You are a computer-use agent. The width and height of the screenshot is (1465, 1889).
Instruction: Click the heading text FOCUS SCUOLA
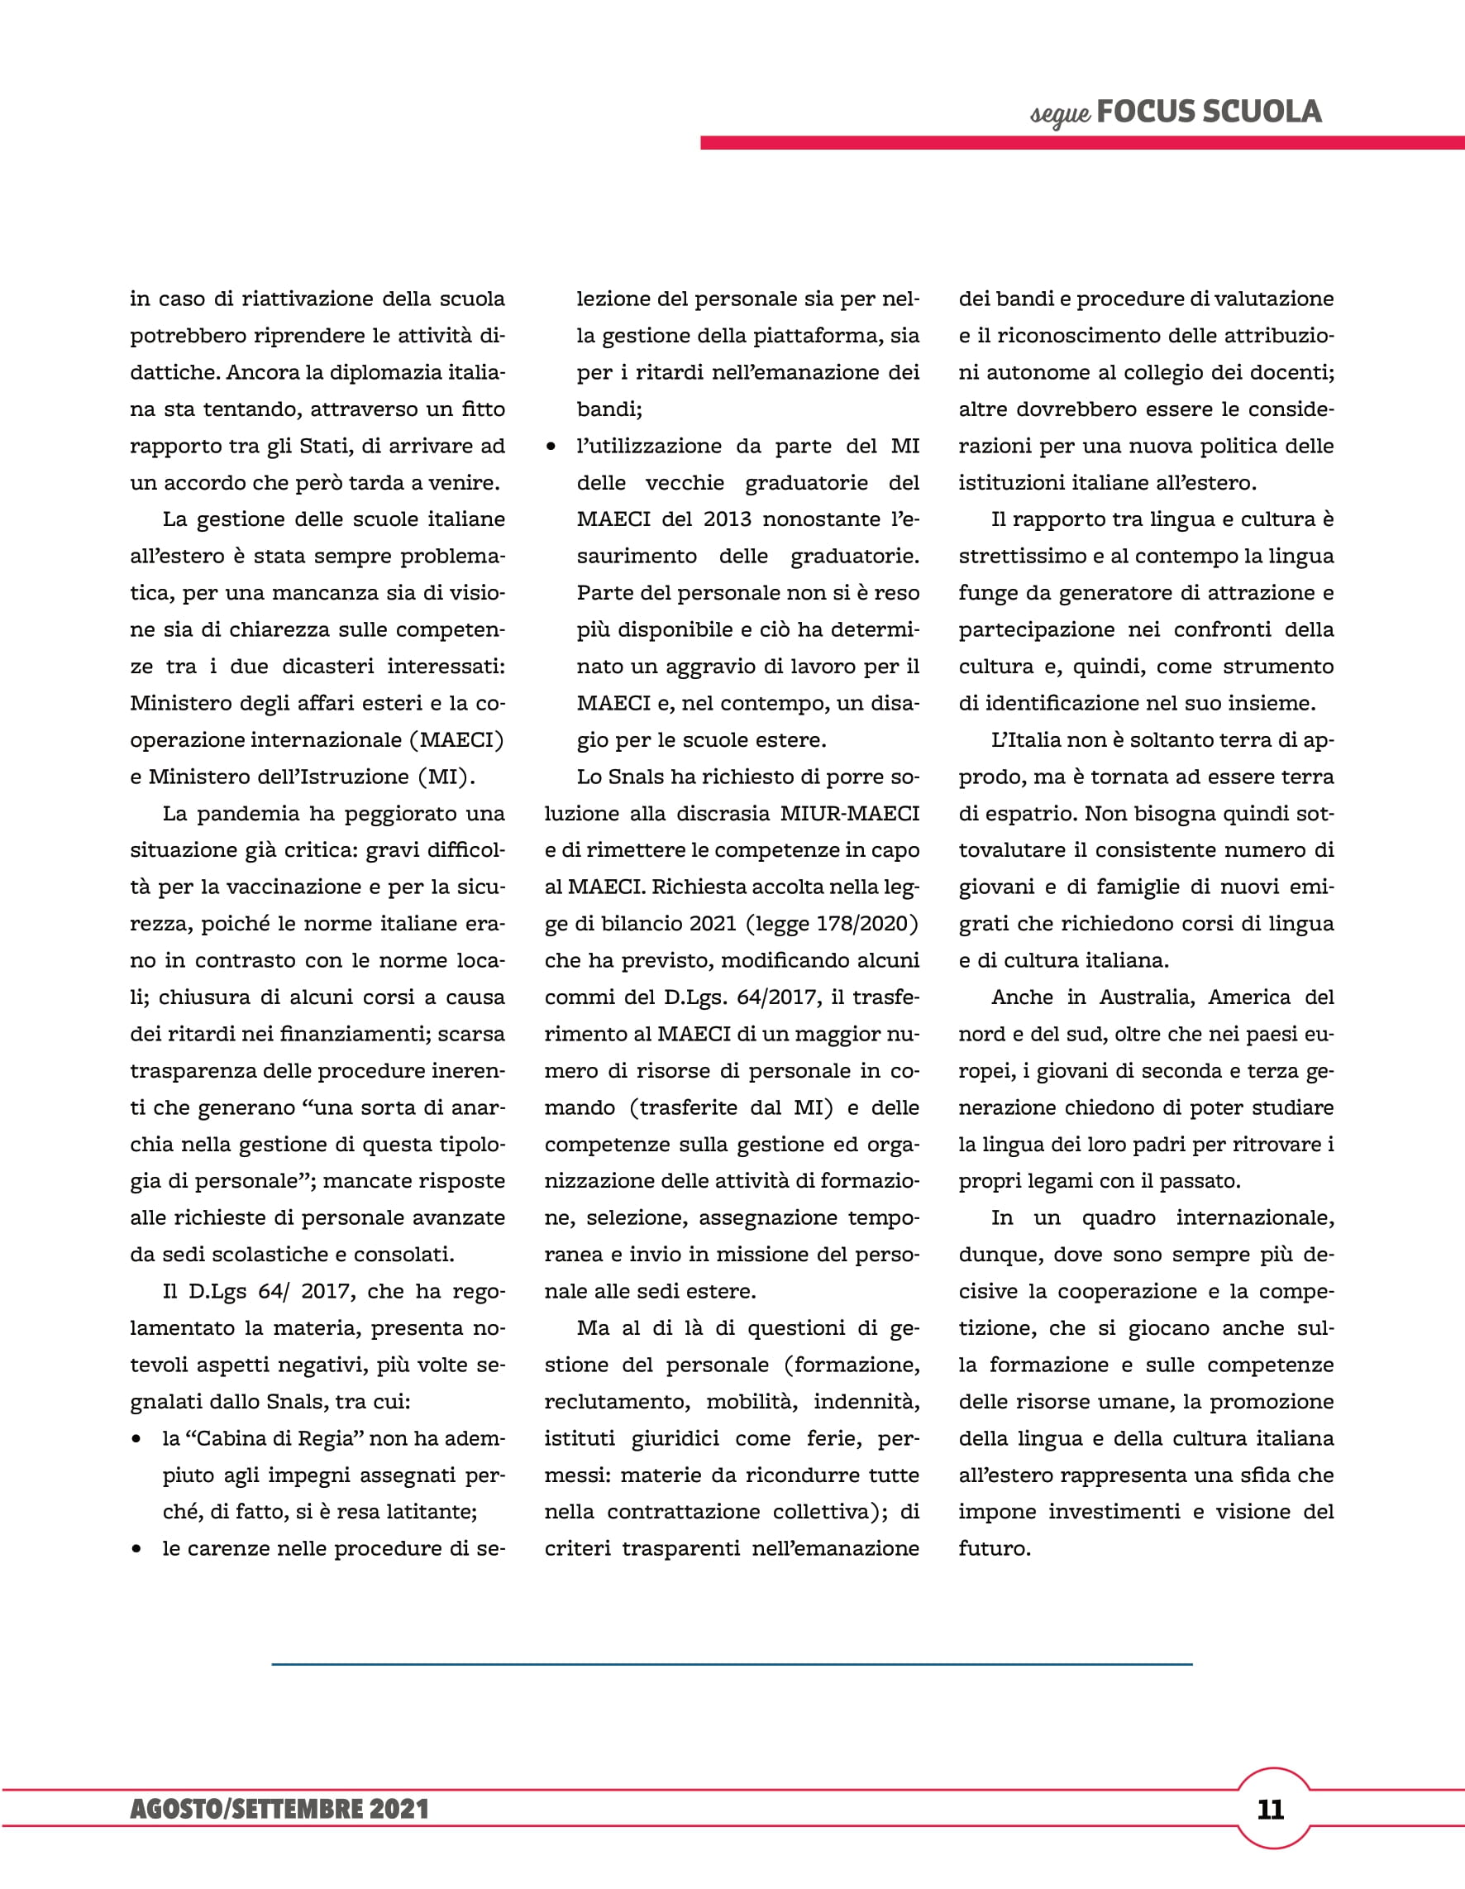1208,112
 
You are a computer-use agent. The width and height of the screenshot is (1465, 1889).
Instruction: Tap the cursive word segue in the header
1059,114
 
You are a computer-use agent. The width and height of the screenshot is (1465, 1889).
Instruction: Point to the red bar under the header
1081,143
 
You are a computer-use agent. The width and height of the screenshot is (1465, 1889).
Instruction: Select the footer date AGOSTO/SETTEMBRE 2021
279,1810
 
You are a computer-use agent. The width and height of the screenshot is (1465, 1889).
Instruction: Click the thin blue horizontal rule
732,1664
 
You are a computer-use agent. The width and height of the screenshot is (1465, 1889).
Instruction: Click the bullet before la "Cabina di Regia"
136,1439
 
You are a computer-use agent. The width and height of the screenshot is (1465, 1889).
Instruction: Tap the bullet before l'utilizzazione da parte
551,447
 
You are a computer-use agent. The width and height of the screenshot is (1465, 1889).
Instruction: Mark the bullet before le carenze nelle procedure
136,1549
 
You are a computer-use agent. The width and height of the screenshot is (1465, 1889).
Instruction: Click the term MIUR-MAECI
849,814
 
